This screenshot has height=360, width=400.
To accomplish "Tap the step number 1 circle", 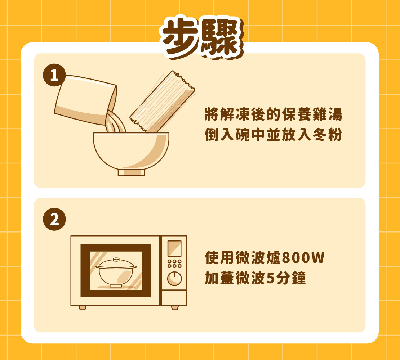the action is [x=54, y=75].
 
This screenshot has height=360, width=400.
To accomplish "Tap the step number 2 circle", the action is [x=54, y=219].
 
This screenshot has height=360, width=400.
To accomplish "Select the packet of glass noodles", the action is [x=162, y=102].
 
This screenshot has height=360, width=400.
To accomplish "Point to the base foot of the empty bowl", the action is [x=131, y=172].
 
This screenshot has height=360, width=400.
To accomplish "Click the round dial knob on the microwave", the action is [x=174, y=279].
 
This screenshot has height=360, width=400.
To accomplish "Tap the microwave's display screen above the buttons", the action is [x=174, y=248].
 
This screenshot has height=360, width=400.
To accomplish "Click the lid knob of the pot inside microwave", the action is [x=116, y=260].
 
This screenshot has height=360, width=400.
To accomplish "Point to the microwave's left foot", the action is [x=83, y=308].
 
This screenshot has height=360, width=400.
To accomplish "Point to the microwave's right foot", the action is [x=175, y=308].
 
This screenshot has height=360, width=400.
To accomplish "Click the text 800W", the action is [x=303, y=257].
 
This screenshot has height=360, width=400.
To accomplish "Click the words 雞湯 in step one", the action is [x=327, y=114].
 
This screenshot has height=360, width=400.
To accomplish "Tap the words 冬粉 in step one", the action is [x=327, y=135].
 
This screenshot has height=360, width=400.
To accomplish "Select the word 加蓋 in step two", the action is [x=219, y=278].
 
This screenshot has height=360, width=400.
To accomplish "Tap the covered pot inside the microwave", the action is [x=116, y=273].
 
